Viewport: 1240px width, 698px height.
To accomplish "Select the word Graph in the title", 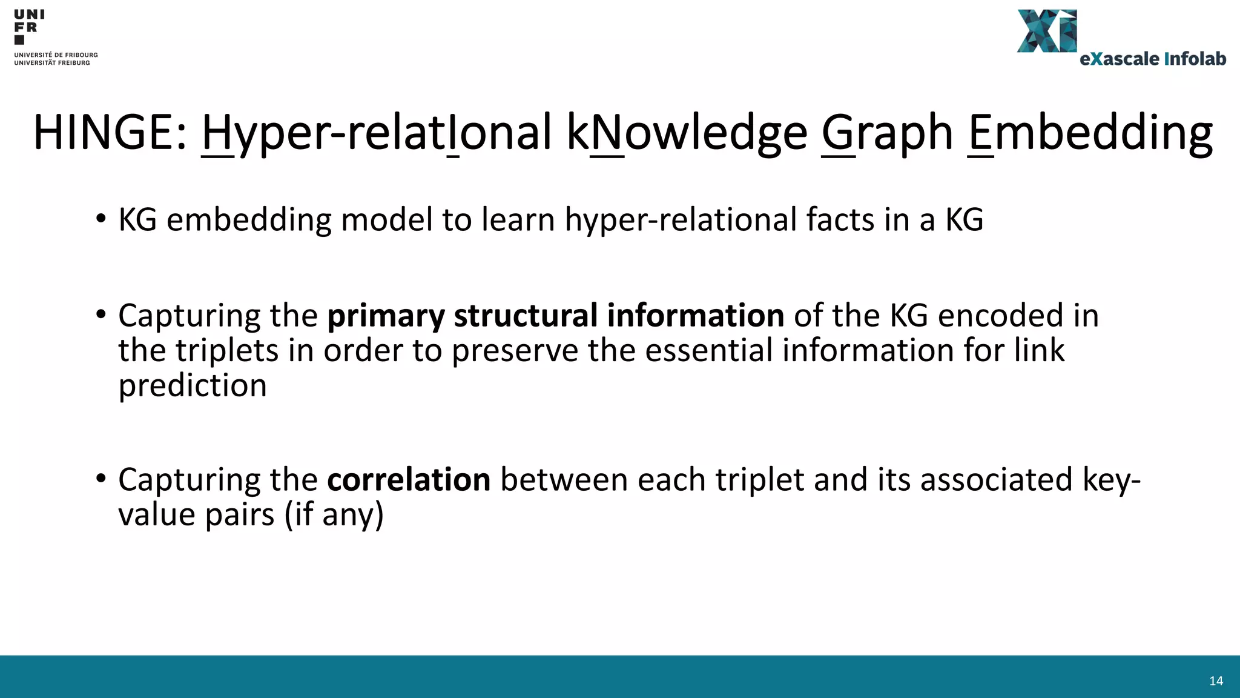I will pos(887,133).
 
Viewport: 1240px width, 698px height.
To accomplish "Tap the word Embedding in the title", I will pos(1090,133).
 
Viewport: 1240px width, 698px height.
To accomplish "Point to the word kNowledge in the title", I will pos(687,133).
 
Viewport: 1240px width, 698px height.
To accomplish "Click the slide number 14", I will pos(1216,681).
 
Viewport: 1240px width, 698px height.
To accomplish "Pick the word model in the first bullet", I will pos(386,219).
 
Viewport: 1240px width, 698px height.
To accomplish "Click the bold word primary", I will pos(386,316).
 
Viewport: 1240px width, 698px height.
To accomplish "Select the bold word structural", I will pos(526,316).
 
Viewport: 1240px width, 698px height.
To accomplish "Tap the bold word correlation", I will pos(409,480).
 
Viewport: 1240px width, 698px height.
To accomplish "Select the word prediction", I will pos(193,386).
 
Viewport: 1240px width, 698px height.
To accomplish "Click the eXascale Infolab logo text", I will pos(1153,59).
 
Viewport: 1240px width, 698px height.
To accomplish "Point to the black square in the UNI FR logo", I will pos(19,40).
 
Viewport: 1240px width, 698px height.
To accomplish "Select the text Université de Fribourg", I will pos(56,55).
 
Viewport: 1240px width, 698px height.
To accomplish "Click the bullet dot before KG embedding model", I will pos(101,219).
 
